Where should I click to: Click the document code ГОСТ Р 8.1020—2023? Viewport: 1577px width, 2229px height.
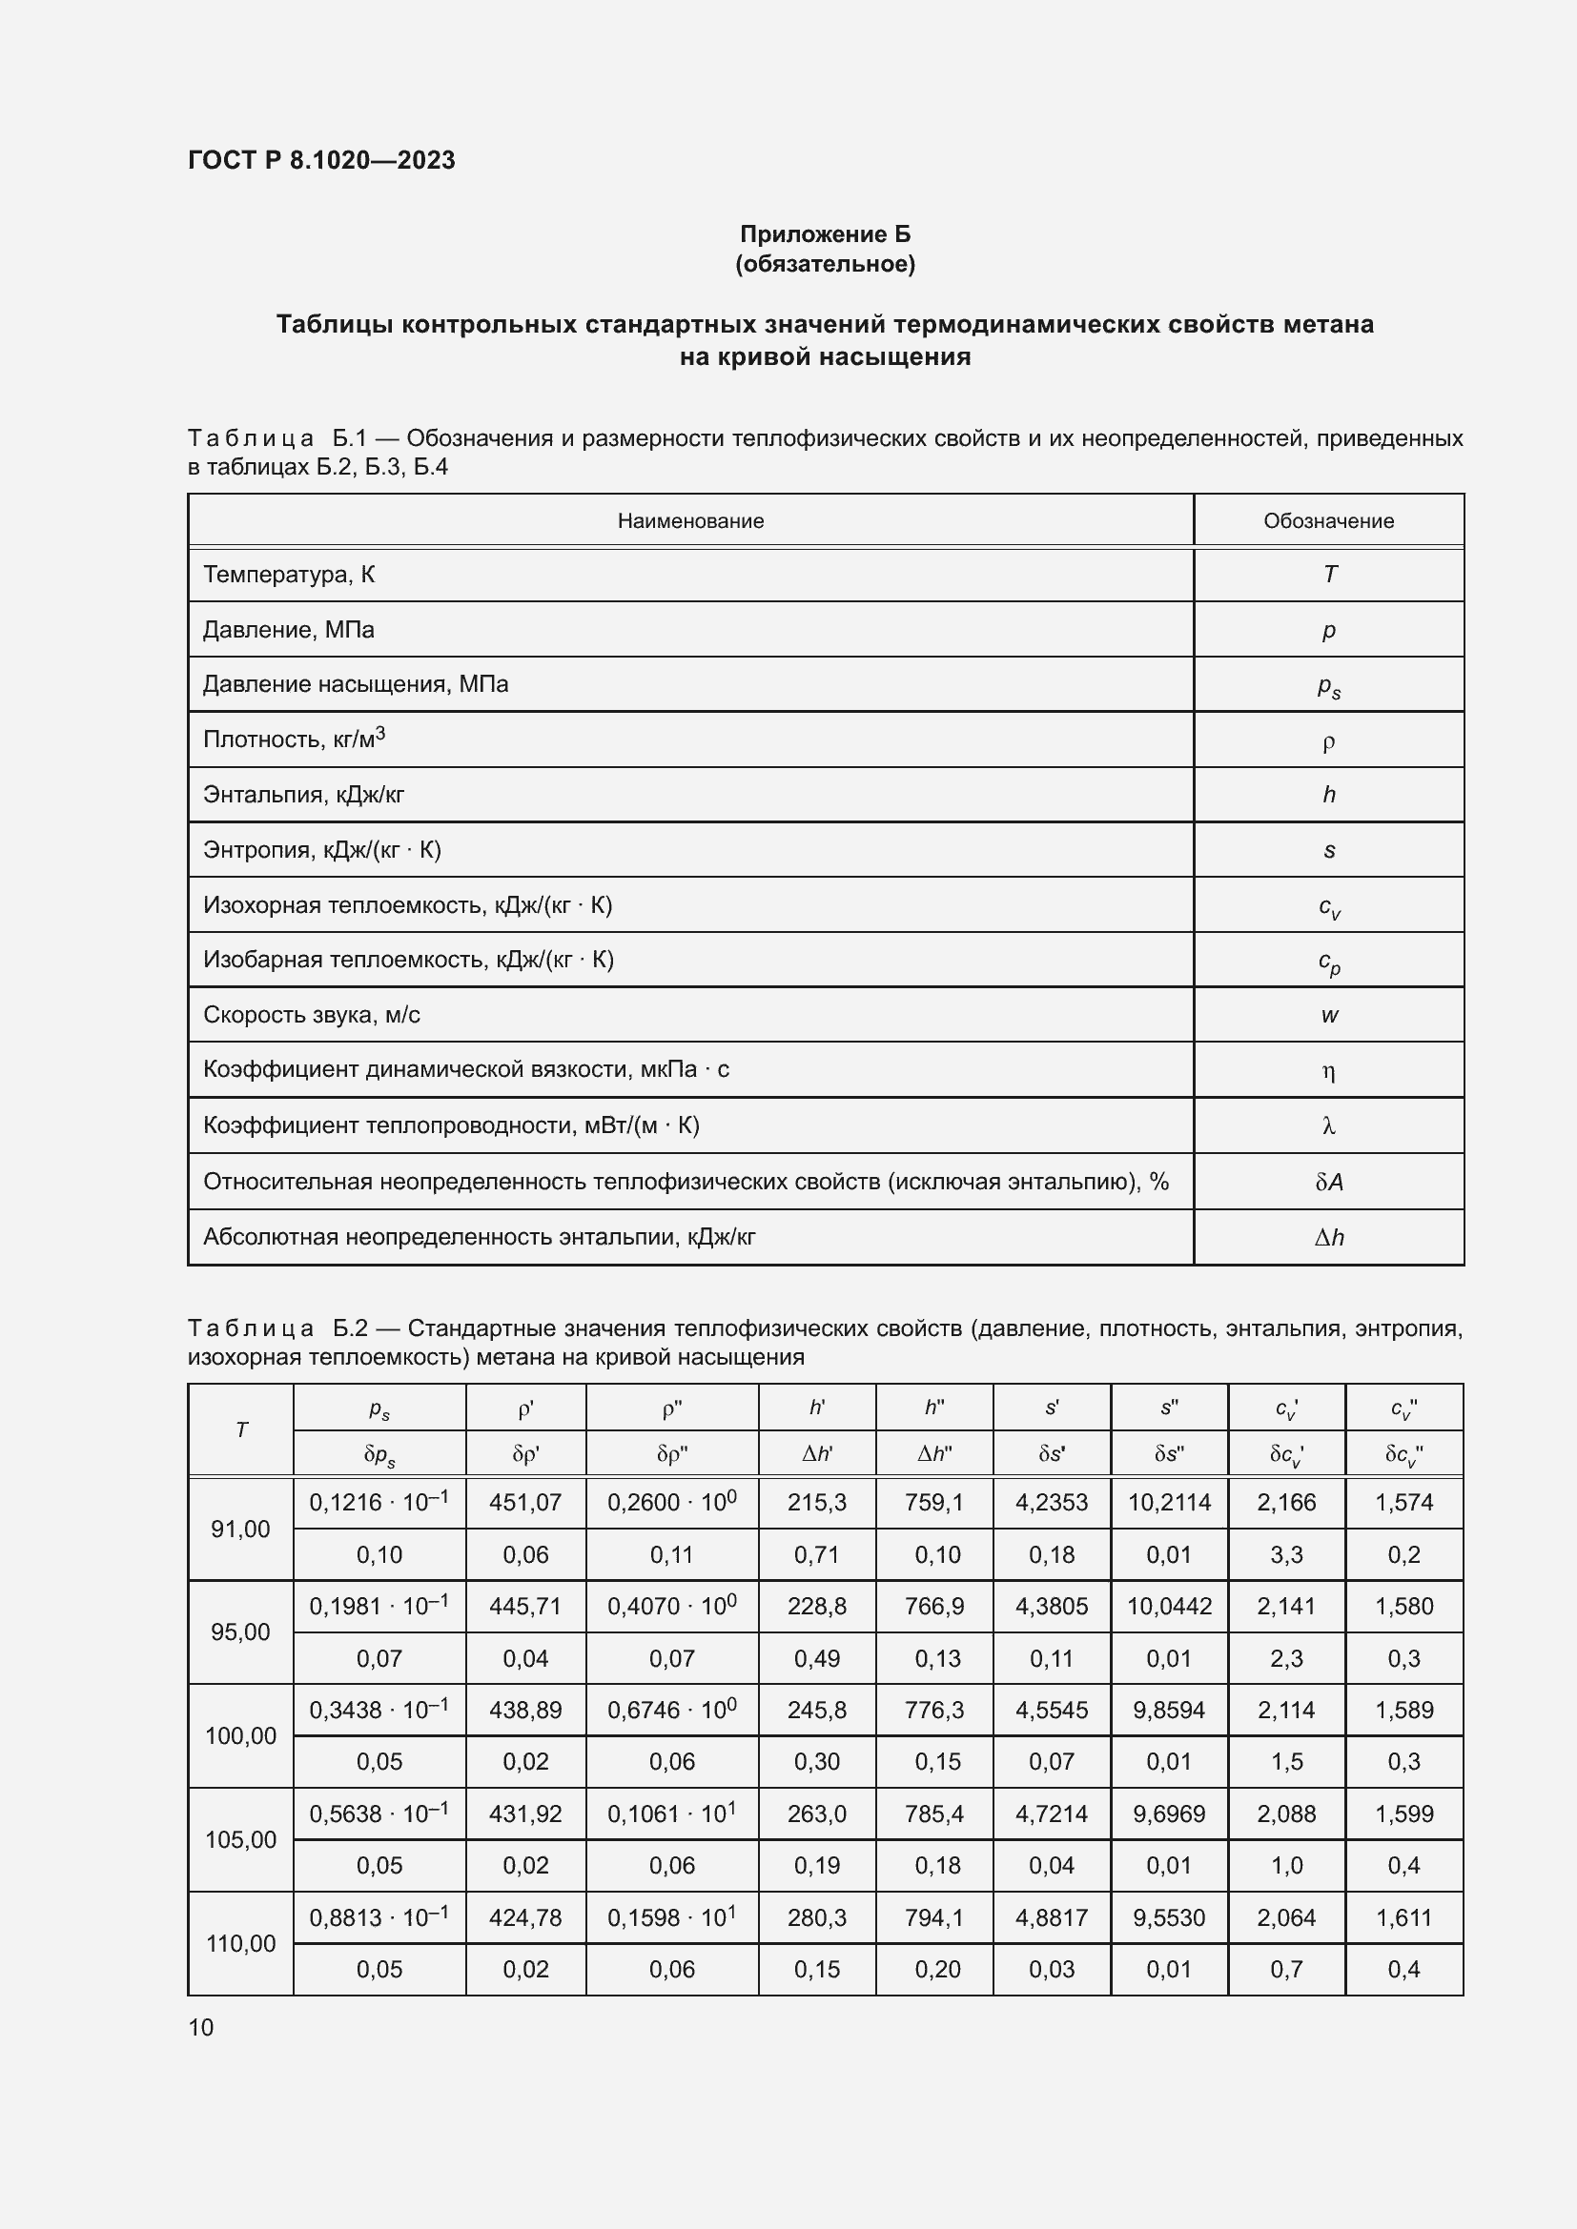(x=321, y=160)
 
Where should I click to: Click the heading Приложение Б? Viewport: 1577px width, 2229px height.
(x=825, y=234)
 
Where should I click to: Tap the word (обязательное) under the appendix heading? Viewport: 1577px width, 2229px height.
(x=825, y=264)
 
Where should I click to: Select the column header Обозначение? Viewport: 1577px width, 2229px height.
(x=1327, y=521)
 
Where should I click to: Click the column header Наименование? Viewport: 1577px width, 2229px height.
(x=690, y=521)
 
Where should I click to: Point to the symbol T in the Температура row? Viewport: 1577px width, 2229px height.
(x=1329, y=575)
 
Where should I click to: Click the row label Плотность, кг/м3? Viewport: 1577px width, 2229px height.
(x=295, y=739)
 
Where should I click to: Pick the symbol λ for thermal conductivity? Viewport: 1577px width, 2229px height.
(x=1328, y=1126)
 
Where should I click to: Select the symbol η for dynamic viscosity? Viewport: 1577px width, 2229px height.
(x=1328, y=1071)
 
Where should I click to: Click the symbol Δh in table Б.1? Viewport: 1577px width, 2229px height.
(x=1328, y=1237)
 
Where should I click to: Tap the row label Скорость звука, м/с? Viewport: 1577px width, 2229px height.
(x=312, y=1016)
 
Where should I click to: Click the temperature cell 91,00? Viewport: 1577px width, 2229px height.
(x=240, y=1529)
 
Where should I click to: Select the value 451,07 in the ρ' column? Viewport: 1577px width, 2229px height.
(x=525, y=1503)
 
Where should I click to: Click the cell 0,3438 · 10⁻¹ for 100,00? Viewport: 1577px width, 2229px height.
(x=379, y=1710)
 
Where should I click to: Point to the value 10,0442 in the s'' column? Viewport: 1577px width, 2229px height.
(x=1169, y=1607)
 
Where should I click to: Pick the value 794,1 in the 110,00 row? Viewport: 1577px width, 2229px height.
(x=934, y=1917)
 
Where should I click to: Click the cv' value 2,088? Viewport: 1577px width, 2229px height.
(x=1286, y=1814)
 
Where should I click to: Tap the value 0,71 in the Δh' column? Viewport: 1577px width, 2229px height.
(x=817, y=1555)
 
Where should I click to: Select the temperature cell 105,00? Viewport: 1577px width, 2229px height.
(x=240, y=1839)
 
